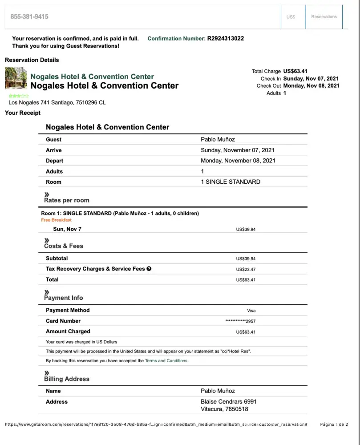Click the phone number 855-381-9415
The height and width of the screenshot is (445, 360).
pyautogui.click(x=29, y=16)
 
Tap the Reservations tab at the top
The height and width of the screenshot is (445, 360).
pyautogui.click(x=324, y=17)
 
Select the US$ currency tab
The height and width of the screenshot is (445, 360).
pyautogui.click(x=291, y=17)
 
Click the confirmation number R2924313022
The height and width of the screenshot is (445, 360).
pyautogui.click(x=225, y=39)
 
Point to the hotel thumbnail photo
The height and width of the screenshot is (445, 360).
pyautogui.click(x=16, y=78)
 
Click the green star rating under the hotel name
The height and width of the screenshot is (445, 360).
pyautogui.click(x=19, y=96)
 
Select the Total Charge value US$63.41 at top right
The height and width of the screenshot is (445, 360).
pyautogui.click(x=295, y=71)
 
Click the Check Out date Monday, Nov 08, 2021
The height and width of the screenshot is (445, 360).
pyautogui.click(x=311, y=86)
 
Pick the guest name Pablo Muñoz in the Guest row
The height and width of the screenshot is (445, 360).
pyautogui.click(x=218, y=140)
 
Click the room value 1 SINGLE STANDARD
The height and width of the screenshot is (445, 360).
pyautogui.click(x=231, y=182)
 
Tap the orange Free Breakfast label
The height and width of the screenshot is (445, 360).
pyautogui.click(x=56, y=220)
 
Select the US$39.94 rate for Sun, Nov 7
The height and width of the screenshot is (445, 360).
pyautogui.click(x=246, y=230)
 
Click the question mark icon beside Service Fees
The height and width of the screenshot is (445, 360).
pyautogui.click(x=149, y=269)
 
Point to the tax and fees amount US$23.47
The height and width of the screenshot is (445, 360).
pyautogui.click(x=246, y=269)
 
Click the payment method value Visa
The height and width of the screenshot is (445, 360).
pyautogui.click(x=251, y=311)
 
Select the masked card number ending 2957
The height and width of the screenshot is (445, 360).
pyautogui.click(x=240, y=321)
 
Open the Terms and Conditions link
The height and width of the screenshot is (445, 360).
pyautogui.click(x=166, y=361)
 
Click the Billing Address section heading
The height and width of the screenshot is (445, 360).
pyautogui.click(x=66, y=379)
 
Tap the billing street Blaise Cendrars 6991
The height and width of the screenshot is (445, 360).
pyautogui.click(x=228, y=402)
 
